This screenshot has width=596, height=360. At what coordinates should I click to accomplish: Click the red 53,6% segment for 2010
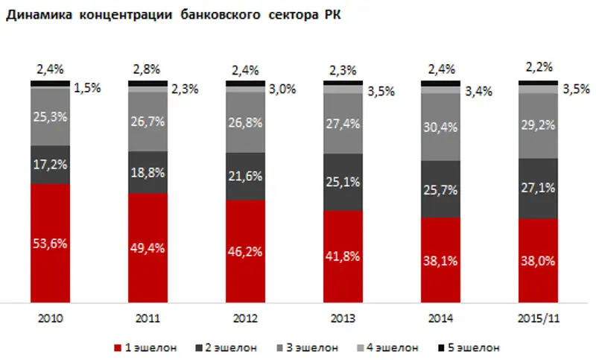click(x=50, y=242)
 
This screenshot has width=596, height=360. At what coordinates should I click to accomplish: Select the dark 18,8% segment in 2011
click(x=148, y=172)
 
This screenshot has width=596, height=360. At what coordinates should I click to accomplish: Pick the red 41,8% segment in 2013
click(x=343, y=256)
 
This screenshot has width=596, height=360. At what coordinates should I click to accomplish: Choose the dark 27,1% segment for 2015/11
click(x=538, y=189)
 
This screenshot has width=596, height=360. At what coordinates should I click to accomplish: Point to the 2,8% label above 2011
click(x=148, y=70)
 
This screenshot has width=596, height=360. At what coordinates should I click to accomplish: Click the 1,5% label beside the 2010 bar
click(x=87, y=87)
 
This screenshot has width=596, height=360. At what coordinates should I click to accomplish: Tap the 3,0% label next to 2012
click(x=282, y=89)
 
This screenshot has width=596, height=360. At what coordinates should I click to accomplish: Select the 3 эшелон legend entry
click(x=311, y=347)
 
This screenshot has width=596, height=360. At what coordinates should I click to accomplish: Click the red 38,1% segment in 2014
click(x=440, y=261)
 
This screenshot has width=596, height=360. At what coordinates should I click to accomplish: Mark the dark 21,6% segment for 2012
click(x=245, y=177)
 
